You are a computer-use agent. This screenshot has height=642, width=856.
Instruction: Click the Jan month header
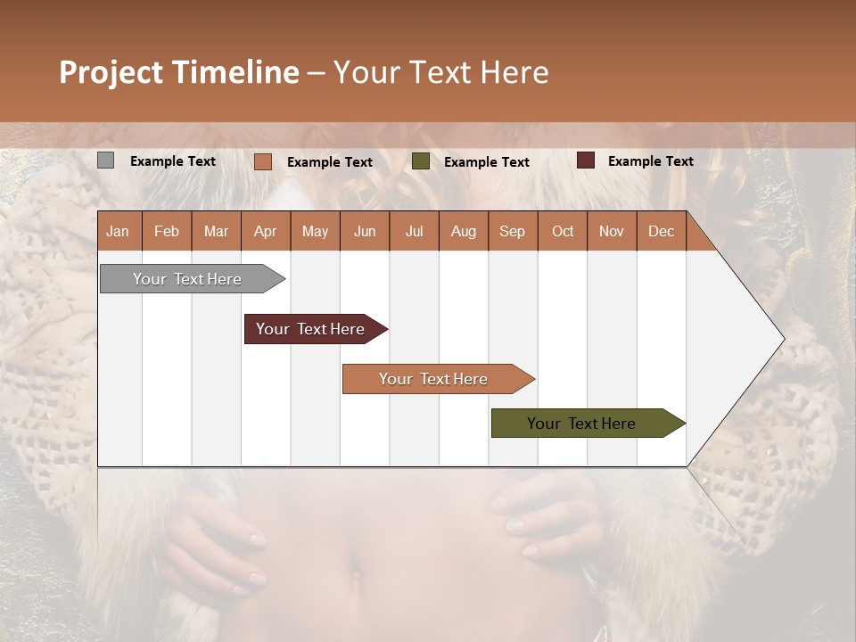pos(118,232)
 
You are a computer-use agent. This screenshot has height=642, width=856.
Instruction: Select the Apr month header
pos(265,232)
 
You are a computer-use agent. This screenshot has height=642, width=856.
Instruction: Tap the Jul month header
pos(414,232)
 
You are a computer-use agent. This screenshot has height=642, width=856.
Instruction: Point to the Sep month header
pos(512,232)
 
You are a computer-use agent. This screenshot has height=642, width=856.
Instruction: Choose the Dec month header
pos(661,232)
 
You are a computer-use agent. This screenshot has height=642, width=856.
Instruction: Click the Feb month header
pos(167,232)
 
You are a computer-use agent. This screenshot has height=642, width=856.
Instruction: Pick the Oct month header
pos(562,232)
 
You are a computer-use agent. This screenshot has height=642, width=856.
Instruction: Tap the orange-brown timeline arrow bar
pos(434,379)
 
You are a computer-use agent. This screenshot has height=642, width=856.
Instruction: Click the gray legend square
pos(105,160)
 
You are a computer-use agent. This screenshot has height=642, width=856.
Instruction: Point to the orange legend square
pos(262,161)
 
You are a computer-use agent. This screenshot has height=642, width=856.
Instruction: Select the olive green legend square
pos(421,161)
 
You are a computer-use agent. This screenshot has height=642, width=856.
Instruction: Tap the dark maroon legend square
pos(585,160)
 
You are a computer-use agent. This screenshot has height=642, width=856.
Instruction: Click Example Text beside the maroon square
pos(650,161)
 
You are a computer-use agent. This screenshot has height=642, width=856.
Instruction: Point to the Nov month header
pos(612,232)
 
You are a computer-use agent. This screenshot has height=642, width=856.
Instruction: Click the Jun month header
pos(364,232)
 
